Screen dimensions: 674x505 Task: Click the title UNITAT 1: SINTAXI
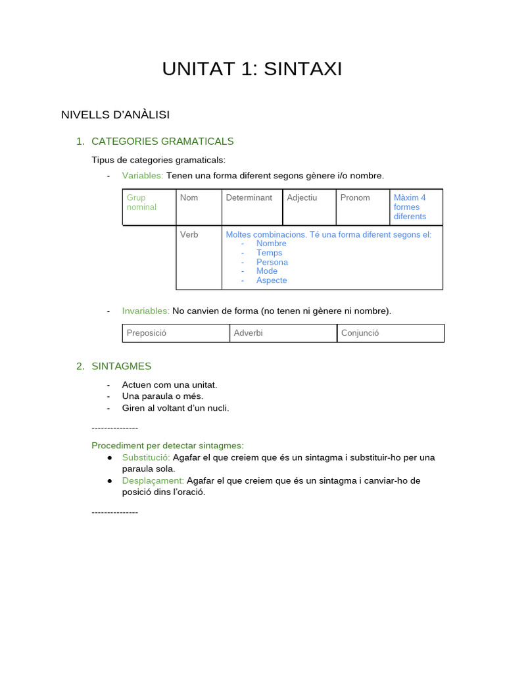[252, 69]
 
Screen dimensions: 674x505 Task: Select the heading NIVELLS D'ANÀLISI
[115, 115]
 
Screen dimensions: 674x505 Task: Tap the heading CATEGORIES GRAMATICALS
[162, 142]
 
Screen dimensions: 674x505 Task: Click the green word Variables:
[143, 176]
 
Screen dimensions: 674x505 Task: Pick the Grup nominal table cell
[149, 207]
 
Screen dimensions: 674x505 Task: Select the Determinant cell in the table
[251, 207]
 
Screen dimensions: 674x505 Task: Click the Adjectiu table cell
[309, 207]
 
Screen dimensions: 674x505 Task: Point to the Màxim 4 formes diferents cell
[416, 207]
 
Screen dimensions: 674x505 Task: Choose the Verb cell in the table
[199, 257]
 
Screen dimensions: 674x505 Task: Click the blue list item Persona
[272, 262]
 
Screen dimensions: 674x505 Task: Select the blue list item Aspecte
[272, 280]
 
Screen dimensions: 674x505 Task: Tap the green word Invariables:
[146, 311]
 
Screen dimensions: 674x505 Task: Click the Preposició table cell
[176, 333]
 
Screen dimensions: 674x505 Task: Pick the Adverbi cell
[283, 333]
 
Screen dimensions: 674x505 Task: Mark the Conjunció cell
[391, 333]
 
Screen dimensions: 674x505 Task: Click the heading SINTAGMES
[122, 366]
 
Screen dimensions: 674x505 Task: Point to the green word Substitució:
[146, 457]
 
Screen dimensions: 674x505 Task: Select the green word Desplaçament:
[153, 480]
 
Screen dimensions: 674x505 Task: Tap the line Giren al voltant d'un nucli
[176, 408]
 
